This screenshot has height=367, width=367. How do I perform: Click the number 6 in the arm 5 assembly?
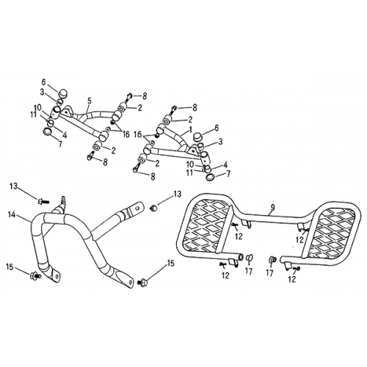(43, 81)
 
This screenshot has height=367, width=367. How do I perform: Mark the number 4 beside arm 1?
(225, 164)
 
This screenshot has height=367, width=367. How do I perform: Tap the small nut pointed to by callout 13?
(153, 208)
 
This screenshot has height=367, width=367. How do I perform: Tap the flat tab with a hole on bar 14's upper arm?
(133, 213)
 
